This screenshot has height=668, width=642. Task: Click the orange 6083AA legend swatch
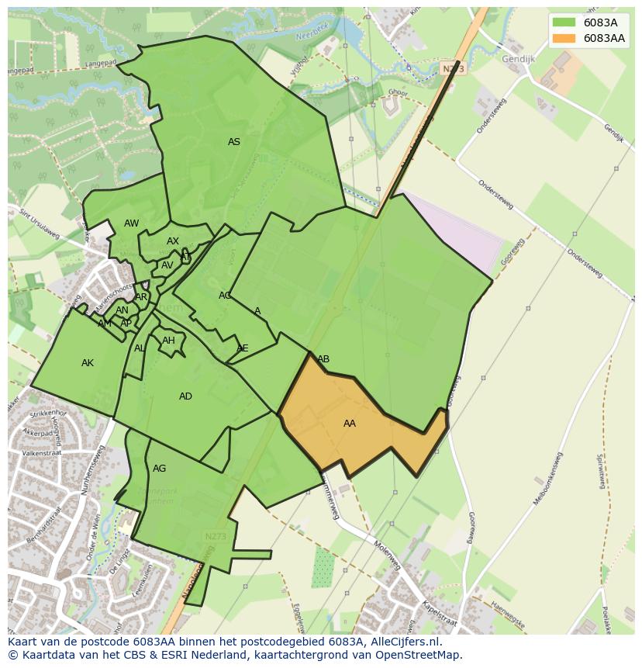(564, 38)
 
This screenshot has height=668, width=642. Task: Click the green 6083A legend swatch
(564, 22)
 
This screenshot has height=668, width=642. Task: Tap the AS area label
(233, 142)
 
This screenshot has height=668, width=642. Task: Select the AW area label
(132, 223)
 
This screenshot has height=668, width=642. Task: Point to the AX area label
(173, 241)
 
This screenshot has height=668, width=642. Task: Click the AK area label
(88, 362)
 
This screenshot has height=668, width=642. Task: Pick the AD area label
(185, 396)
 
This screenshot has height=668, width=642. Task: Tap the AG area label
(159, 468)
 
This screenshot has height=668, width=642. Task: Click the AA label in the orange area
(350, 423)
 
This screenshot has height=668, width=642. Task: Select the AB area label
(323, 359)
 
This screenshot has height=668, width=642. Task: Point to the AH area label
(168, 341)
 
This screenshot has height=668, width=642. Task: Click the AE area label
(243, 348)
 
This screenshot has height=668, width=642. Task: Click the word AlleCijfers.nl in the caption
(402, 642)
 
